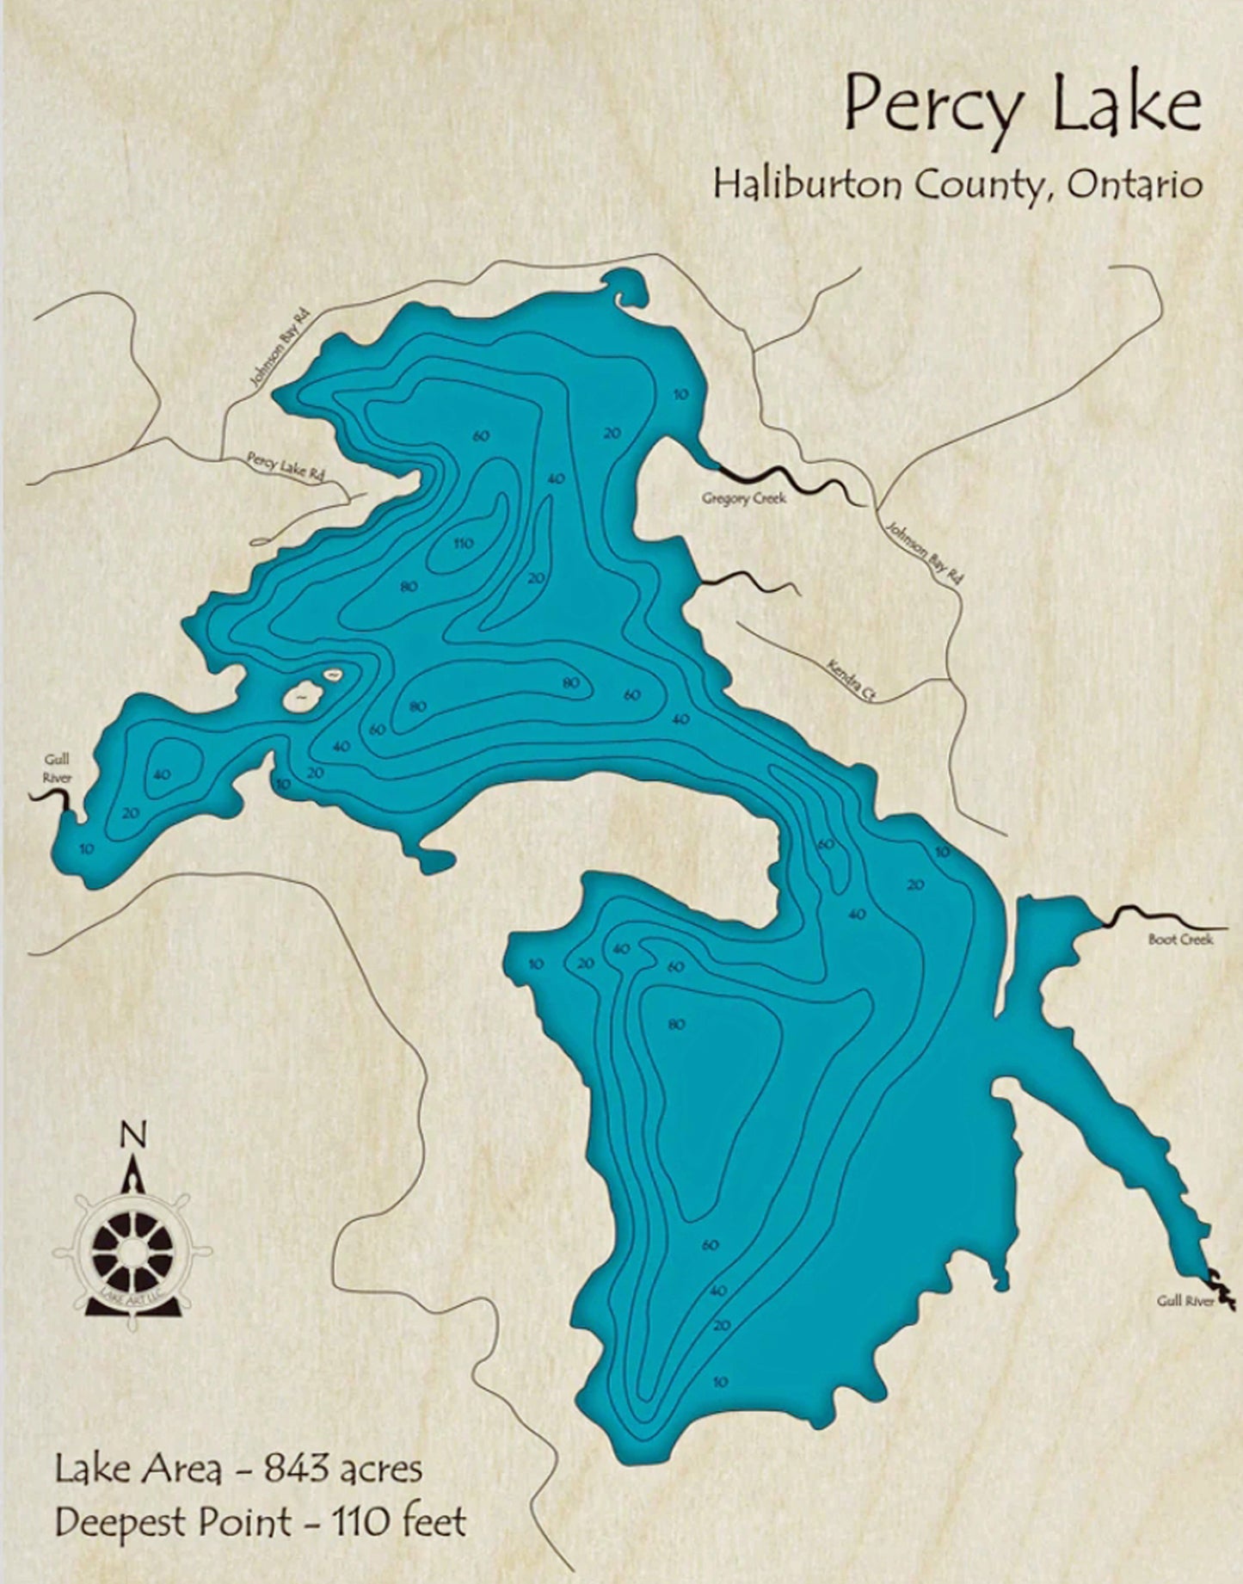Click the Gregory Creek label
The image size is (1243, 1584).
(x=743, y=498)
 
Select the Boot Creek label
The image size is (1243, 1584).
(x=1180, y=940)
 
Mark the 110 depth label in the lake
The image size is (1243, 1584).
(x=464, y=543)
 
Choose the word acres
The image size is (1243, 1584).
(x=378, y=1469)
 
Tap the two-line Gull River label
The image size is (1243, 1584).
(x=58, y=768)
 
